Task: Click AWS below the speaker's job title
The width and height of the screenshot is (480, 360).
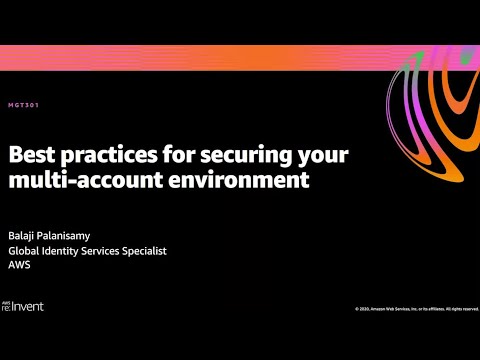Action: click(x=19, y=265)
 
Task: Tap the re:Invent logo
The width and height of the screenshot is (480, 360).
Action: click(x=23, y=305)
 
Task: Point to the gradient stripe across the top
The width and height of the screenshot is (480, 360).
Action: click(x=200, y=58)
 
